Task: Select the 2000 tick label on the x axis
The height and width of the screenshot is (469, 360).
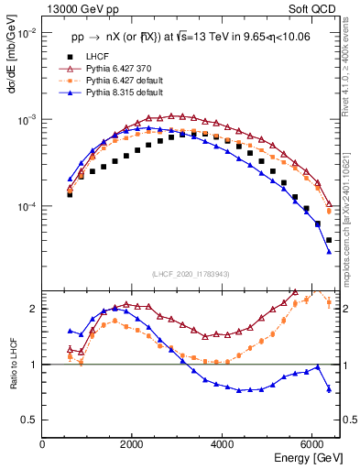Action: tap(133, 443)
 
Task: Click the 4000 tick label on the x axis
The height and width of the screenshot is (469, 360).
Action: tap(223, 443)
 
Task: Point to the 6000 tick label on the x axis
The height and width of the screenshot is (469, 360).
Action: tap(312, 443)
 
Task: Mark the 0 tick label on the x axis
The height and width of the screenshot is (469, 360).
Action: tap(43, 443)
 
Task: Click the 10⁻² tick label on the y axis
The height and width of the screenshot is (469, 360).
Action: tap(26, 34)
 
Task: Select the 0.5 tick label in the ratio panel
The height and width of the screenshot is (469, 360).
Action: tap(29, 420)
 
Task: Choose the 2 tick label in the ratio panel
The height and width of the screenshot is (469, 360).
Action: tap(34, 309)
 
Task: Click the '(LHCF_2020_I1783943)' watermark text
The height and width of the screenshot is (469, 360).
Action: tap(190, 274)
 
